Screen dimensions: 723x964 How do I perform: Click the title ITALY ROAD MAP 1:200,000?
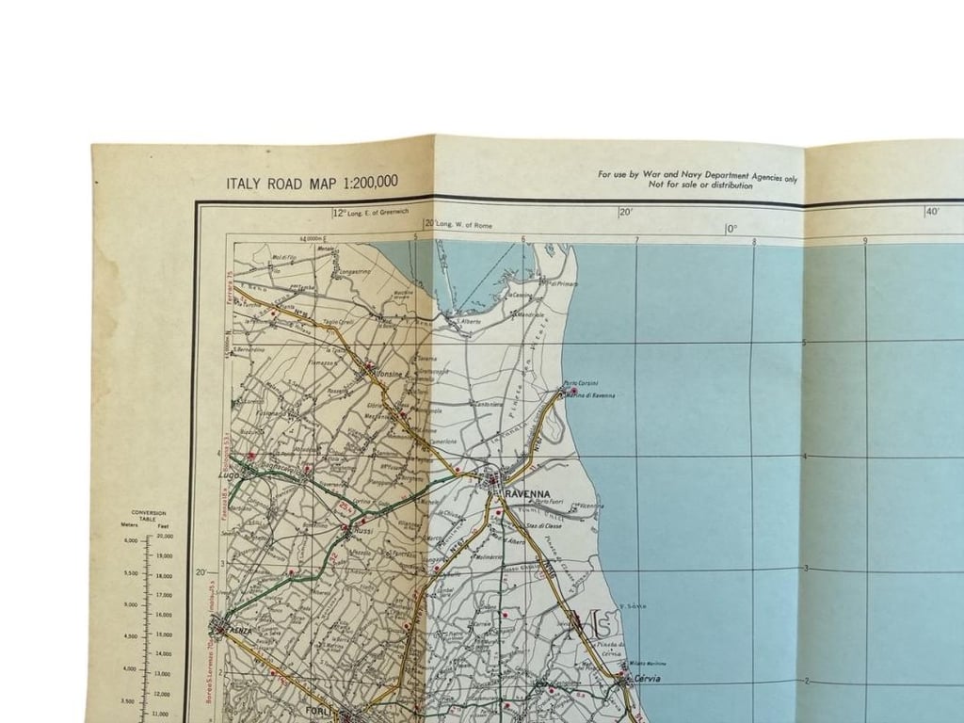tap(312, 183)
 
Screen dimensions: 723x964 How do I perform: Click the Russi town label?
tap(362, 531)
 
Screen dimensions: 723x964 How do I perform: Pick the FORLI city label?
tap(321, 711)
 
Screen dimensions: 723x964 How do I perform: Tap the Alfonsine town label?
tap(390, 373)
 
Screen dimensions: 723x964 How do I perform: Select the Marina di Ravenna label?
tap(592, 395)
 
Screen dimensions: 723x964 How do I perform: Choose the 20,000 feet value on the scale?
tap(164, 535)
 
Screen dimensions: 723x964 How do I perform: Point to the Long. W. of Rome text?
tap(464, 225)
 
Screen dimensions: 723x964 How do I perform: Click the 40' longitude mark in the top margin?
tap(932, 212)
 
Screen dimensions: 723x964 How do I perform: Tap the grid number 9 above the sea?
tap(865, 240)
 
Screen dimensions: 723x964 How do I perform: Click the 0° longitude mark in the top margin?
tap(731, 229)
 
